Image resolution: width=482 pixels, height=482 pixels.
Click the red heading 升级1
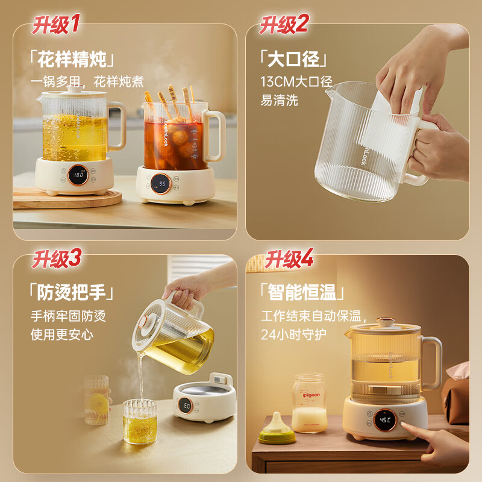pos(55,25)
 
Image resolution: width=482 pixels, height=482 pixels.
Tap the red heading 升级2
pos(284,25)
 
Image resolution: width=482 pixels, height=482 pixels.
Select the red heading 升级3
pos(56,260)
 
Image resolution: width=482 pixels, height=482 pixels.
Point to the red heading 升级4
pos(289,259)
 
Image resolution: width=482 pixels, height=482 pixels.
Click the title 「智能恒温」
pos(302,293)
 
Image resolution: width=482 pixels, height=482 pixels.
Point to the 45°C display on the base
pos(384,420)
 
